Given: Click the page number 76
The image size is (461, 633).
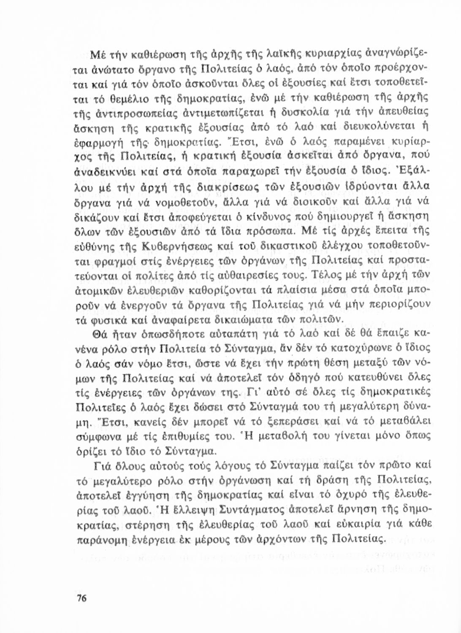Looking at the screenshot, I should click(81, 598).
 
